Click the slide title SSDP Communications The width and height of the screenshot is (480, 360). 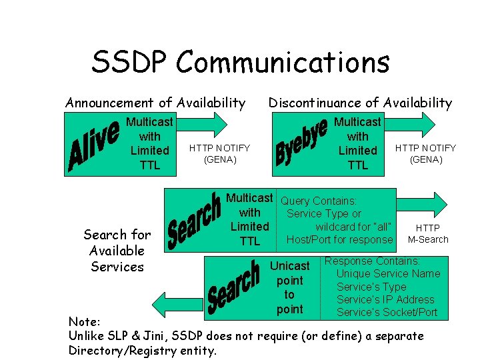tap(240, 63)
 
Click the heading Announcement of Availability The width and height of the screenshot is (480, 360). tap(155, 103)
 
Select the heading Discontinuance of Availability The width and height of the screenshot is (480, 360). tap(359, 103)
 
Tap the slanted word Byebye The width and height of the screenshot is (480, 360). tap(301, 143)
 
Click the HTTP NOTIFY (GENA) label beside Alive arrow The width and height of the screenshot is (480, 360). tap(219, 153)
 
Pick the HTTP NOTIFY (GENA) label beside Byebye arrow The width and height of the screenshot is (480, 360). tap(426, 153)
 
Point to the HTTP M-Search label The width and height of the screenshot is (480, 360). tap(428, 233)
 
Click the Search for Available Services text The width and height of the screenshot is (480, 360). tap(117, 251)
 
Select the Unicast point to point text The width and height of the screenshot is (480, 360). tap(289, 287)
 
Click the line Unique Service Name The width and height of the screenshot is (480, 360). tap(388, 273)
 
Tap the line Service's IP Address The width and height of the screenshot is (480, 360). tap(385, 299)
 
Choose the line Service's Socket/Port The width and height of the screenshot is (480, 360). tap(387, 312)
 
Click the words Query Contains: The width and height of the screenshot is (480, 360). tap(319, 201)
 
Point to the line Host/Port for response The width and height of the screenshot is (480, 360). tap(339, 239)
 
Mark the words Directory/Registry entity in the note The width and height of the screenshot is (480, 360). tap(143, 350)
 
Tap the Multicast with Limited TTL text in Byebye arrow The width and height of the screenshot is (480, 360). tap(357, 143)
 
